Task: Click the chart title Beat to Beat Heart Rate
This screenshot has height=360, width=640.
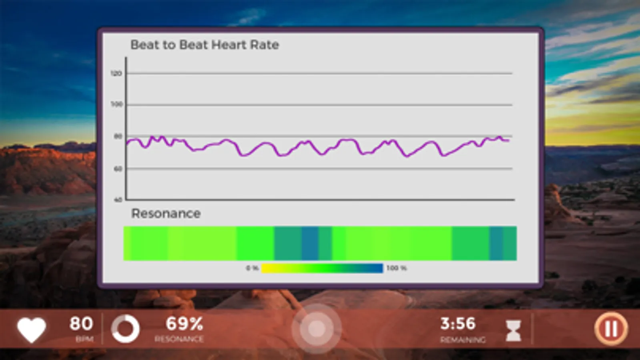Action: [x=205, y=45]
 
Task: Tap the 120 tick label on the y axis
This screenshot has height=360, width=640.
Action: [x=116, y=74]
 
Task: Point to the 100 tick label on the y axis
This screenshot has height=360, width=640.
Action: [x=116, y=104]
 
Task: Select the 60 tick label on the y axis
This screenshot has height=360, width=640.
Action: [x=118, y=169]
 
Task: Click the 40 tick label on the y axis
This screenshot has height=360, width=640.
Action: [x=118, y=200]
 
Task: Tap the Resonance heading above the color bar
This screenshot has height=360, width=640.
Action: [x=166, y=214]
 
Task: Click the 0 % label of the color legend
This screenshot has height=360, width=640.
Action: [x=252, y=268]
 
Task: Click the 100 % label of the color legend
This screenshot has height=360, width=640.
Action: [x=396, y=268]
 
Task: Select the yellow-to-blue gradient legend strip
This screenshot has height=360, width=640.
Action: [x=322, y=268]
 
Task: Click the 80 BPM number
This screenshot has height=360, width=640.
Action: [x=81, y=324]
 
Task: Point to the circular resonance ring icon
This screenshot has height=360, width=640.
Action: [x=125, y=329]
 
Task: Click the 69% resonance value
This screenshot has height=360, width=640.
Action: [x=184, y=324]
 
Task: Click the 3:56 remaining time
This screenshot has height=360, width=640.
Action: [x=458, y=324]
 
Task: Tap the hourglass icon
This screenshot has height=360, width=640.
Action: [x=513, y=330]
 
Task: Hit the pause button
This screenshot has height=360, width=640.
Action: [x=611, y=329]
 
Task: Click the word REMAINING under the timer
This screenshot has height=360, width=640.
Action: [x=463, y=340]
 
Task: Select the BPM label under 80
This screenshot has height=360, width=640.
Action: [x=84, y=339]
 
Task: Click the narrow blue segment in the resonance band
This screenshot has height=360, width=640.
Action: [x=310, y=243]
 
